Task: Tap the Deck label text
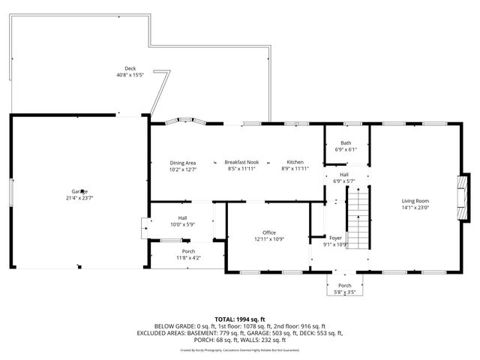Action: pyautogui.click(x=130, y=68)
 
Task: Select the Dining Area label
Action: pyautogui.click(x=182, y=163)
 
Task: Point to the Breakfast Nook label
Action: pyautogui.click(x=242, y=163)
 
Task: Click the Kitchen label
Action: pyautogui.click(x=295, y=163)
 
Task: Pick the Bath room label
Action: pyautogui.click(x=346, y=142)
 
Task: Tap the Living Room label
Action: pyautogui.click(x=415, y=200)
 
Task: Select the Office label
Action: pyautogui.click(x=269, y=232)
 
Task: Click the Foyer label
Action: pyautogui.click(x=335, y=238)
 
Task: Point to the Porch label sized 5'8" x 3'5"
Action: pyautogui.click(x=345, y=286)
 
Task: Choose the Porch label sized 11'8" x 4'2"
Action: pyautogui.click(x=188, y=251)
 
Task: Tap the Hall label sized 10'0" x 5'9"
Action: pyautogui.click(x=182, y=217)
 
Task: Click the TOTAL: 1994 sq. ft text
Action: pyautogui.click(x=239, y=319)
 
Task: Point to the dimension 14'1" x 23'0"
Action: pyautogui.click(x=415, y=207)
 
